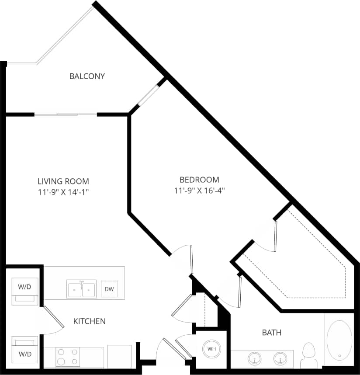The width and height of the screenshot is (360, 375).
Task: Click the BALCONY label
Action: point(87,76)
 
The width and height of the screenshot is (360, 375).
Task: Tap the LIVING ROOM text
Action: point(63,181)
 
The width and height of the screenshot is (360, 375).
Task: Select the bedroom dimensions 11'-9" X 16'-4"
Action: point(199,190)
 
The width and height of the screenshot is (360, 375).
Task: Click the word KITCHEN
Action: point(89,321)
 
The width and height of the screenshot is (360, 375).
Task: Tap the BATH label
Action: point(271,333)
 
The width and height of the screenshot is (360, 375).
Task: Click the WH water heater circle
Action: point(211,349)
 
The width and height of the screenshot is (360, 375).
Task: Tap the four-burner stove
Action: point(68,356)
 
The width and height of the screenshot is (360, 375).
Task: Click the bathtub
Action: point(339,340)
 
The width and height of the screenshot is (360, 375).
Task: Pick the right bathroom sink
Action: point(280,359)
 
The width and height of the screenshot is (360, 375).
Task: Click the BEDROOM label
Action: point(199,180)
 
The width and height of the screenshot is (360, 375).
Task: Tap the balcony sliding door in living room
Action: point(66,115)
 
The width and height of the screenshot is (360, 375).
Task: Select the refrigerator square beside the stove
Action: point(119,356)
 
